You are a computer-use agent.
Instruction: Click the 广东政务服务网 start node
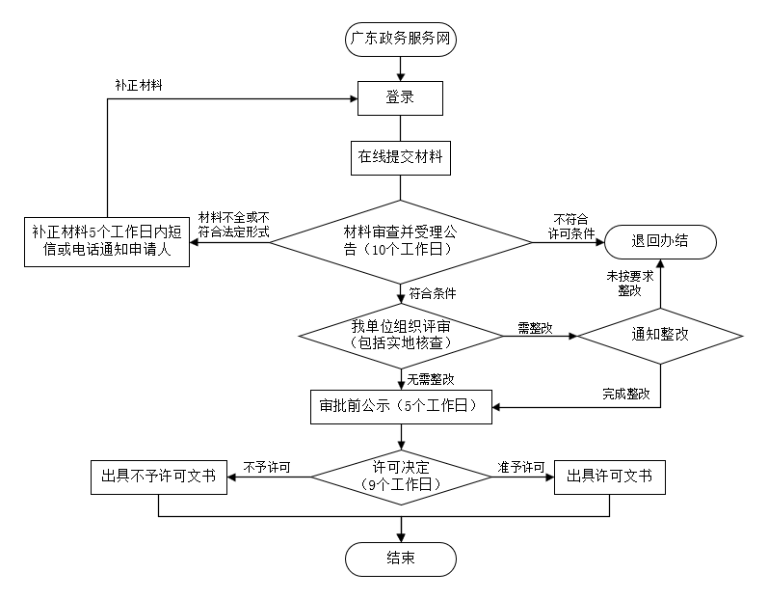point(400,41)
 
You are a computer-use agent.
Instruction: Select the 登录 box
point(400,97)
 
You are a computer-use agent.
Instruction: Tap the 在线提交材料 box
point(400,157)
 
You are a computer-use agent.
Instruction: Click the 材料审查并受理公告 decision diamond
point(400,240)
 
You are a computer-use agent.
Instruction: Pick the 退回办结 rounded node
point(660,241)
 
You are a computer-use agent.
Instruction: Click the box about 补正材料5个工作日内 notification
point(107,241)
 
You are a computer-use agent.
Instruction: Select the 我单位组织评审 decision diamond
point(400,336)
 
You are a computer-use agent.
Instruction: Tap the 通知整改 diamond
point(660,336)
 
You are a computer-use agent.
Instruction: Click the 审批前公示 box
point(400,406)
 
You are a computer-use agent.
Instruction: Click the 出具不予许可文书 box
point(158,477)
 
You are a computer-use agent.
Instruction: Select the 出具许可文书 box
point(610,477)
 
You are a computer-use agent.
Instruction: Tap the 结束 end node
point(400,558)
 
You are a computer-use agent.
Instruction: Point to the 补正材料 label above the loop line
point(138,85)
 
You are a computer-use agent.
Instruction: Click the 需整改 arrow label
point(535,328)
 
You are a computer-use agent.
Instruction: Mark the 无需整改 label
point(430,379)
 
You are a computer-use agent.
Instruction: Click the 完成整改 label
point(625,394)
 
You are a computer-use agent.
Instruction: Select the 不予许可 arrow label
point(267,468)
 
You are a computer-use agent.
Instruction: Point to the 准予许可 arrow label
point(520,468)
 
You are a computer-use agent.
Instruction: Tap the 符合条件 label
point(432,292)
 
